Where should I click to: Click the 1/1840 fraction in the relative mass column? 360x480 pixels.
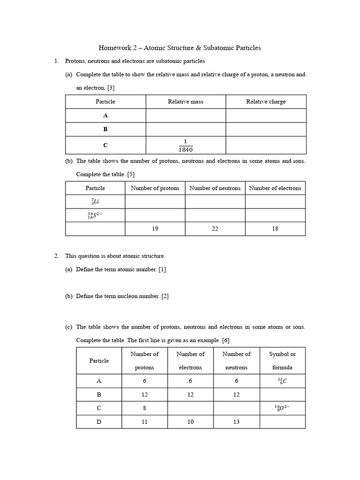click(x=186, y=145)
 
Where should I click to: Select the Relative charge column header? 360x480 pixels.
click(x=266, y=102)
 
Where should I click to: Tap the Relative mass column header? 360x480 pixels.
click(x=186, y=102)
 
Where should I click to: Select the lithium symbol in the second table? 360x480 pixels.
click(x=95, y=202)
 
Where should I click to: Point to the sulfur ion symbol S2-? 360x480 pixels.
click(x=95, y=215)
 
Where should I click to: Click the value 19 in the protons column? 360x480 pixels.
click(x=155, y=229)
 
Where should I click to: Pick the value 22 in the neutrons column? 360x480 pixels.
click(x=215, y=229)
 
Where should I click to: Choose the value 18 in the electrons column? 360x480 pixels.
click(x=275, y=229)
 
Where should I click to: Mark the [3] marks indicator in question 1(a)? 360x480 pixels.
click(x=111, y=88)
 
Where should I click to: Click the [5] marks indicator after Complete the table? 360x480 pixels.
click(x=131, y=174)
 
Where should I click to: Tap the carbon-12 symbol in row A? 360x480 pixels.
click(x=282, y=381)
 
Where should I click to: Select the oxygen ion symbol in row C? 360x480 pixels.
click(x=282, y=408)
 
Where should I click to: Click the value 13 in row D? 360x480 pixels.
click(x=236, y=422)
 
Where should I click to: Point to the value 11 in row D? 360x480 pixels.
click(x=144, y=422)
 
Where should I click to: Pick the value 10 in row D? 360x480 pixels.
click(x=190, y=422)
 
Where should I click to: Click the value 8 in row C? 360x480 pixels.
click(x=144, y=408)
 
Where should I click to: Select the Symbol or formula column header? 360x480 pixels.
click(x=282, y=360)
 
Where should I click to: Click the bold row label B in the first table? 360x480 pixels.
click(x=105, y=129)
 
